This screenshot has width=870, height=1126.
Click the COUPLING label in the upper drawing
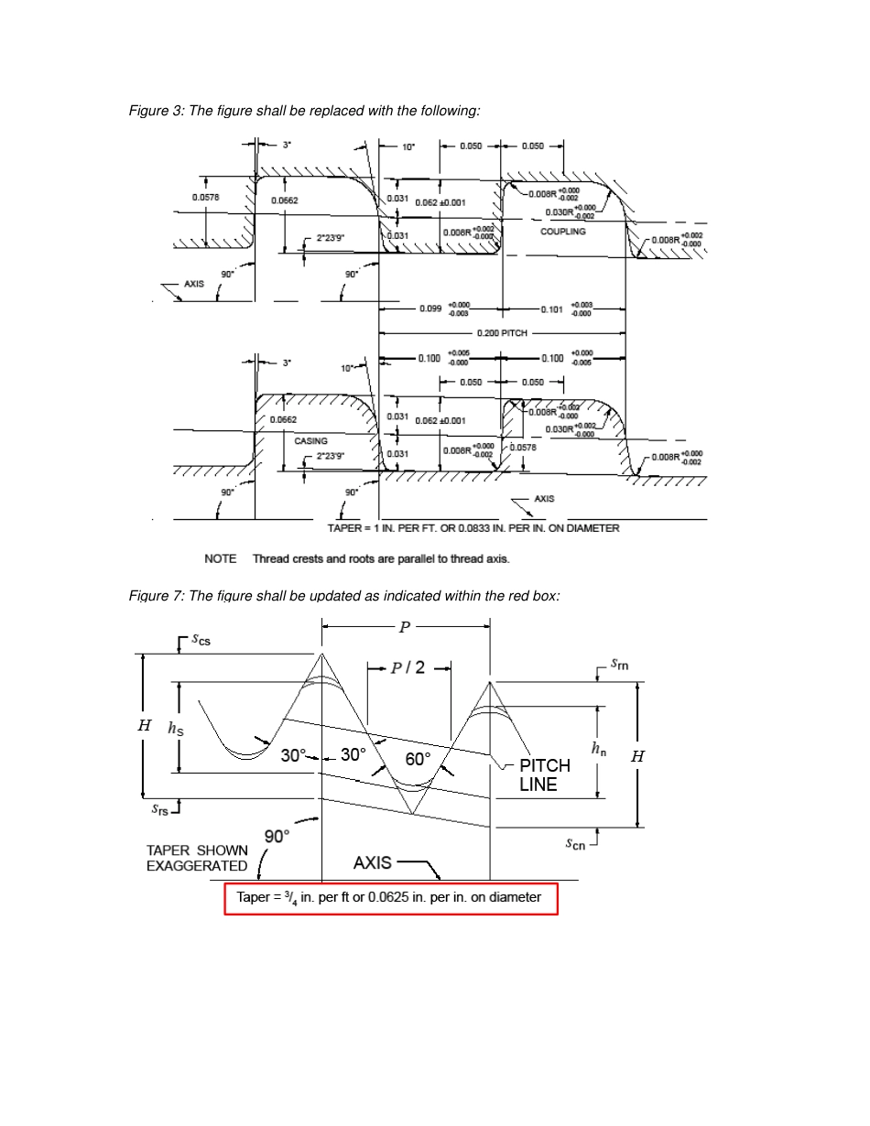pos(562,232)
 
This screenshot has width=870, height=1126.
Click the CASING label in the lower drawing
pos(310,440)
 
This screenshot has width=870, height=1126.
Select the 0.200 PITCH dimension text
pos(502,333)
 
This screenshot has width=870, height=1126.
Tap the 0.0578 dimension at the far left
pos(205,198)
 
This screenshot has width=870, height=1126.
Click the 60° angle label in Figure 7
pos(418,759)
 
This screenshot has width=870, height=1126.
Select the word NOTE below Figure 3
pos(220,558)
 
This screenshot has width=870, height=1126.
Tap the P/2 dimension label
pos(408,667)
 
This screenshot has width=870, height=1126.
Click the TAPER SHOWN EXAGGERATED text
pos(197,858)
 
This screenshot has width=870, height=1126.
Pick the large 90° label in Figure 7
pos(277,836)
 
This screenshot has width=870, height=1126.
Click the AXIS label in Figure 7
pos(372,862)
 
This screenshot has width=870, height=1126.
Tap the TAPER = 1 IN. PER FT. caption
pos(473,528)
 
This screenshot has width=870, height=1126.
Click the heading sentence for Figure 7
pos(343,596)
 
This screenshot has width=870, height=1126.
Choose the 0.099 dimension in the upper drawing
pos(430,309)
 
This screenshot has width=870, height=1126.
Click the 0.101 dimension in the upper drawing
pos(552,309)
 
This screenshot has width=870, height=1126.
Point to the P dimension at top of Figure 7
pos(405,628)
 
